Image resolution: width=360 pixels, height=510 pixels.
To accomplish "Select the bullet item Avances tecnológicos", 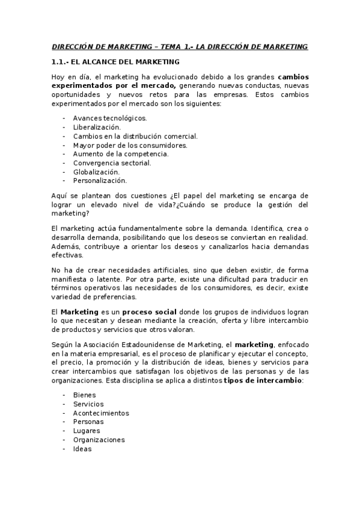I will pos(109,118).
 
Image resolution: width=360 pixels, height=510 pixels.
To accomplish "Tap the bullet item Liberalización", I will pos(97,127).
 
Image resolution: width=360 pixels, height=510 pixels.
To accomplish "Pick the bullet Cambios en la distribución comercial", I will pos(135,137).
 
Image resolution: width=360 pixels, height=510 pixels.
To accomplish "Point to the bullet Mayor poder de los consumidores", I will pos(130,145).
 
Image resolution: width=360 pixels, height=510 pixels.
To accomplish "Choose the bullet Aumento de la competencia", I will pos(120,154).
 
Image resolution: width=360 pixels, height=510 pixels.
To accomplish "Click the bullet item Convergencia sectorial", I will pos(112,163).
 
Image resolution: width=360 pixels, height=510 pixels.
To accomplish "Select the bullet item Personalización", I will pos(100,180).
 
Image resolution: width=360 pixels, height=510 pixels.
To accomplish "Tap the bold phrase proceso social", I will pos(149,312).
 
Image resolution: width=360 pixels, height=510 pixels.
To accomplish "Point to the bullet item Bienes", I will pos(84,395).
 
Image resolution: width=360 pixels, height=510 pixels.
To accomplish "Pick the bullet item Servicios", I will pos(88,404).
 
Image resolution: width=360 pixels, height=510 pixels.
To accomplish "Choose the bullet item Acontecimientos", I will pos(101,413).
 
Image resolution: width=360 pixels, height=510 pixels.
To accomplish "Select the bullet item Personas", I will pos(88,422).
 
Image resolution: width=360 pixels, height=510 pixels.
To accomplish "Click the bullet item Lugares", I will pos(87,431).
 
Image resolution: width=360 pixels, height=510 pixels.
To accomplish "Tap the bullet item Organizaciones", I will pos(99,440).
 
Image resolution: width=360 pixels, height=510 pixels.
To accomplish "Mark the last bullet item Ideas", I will pos(82,449).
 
